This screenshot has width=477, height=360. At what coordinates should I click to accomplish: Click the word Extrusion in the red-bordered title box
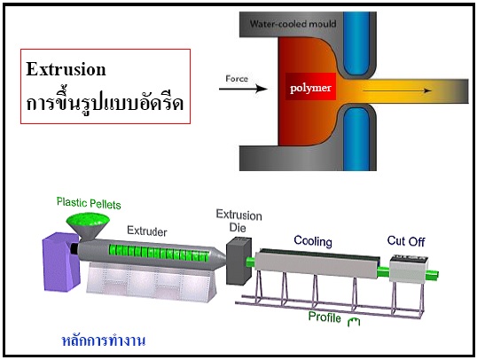point(66,69)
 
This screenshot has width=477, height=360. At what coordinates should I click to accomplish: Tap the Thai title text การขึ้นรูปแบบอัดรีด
point(105,102)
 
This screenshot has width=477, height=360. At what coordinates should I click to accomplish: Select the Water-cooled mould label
point(293,23)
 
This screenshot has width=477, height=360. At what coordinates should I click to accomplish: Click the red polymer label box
point(310,87)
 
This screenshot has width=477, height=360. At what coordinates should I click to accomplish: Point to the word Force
point(237,79)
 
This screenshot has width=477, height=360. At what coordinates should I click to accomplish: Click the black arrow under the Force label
point(243,89)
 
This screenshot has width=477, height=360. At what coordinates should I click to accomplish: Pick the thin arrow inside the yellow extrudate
point(397,90)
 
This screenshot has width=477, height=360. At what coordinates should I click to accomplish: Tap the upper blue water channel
point(356,43)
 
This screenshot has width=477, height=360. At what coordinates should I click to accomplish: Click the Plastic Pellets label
point(89,203)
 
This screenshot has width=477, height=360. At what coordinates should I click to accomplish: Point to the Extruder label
point(147,231)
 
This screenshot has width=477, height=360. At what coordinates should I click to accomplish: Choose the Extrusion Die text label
point(238,221)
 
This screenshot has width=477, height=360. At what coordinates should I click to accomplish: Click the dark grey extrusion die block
point(238,261)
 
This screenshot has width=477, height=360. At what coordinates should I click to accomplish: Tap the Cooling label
point(313,241)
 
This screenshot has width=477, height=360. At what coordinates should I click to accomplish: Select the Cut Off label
point(406,241)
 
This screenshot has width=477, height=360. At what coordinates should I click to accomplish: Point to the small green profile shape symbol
point(354,322)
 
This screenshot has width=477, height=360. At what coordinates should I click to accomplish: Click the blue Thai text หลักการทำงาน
point(104,340)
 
